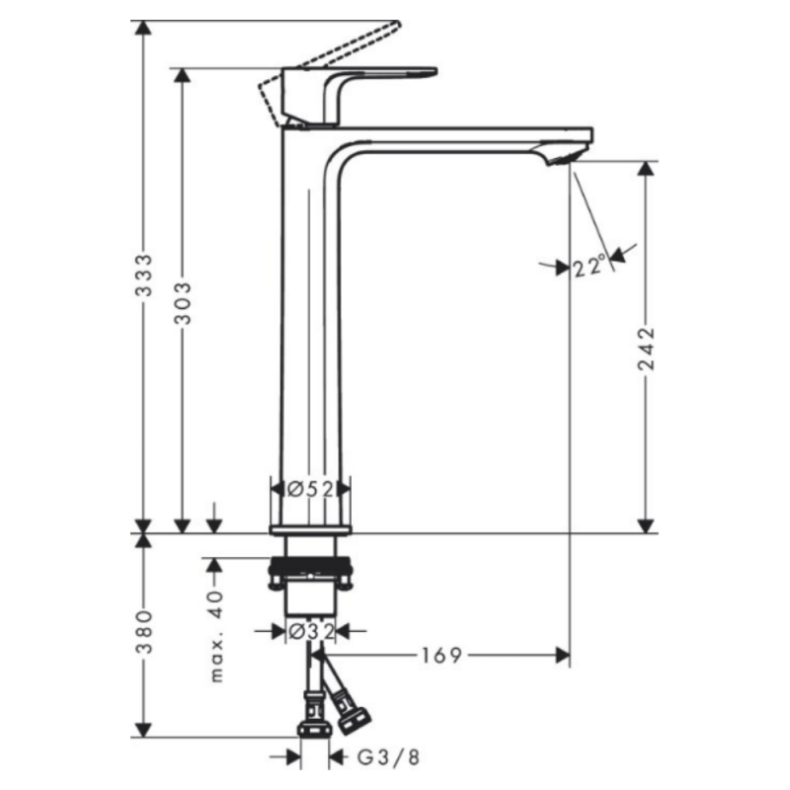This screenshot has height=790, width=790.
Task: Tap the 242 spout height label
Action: [x=646, y=348]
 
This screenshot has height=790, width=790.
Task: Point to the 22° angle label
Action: [x=590, y=266]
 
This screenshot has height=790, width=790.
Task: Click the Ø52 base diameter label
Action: [x=310, y=488]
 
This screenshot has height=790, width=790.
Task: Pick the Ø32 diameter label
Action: [x=310, y=629]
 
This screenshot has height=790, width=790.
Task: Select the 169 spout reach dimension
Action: [x=442, y=655]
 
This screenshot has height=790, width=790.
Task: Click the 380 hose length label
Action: [x=144, y=634]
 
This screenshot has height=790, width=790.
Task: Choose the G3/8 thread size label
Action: [x=387, y=757]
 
